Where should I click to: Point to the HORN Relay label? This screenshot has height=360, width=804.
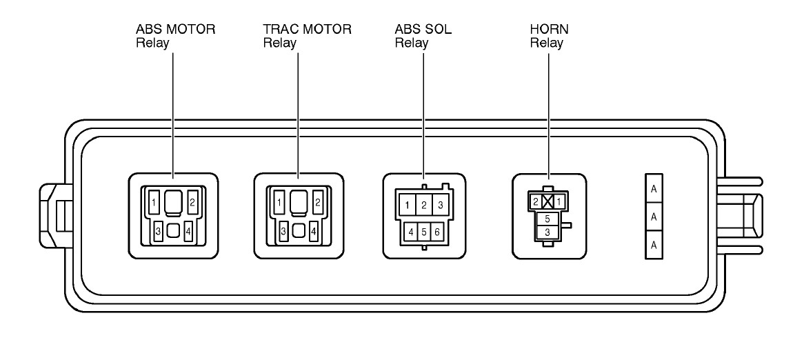coord(549,36)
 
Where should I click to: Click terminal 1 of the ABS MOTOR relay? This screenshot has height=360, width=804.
coord(155,201)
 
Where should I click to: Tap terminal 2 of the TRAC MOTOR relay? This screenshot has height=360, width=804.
coord(316,202)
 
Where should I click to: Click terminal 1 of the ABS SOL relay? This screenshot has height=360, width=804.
coord(408,205)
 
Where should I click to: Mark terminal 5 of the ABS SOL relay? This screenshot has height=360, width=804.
coord(423,232)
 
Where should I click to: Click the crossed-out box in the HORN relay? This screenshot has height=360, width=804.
coord(549,201)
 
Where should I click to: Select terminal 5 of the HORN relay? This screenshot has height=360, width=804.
coord(548,219)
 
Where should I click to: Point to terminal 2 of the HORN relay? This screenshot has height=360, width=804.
coord(536,201)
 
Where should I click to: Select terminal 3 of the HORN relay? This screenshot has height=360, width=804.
coord(548,232)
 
